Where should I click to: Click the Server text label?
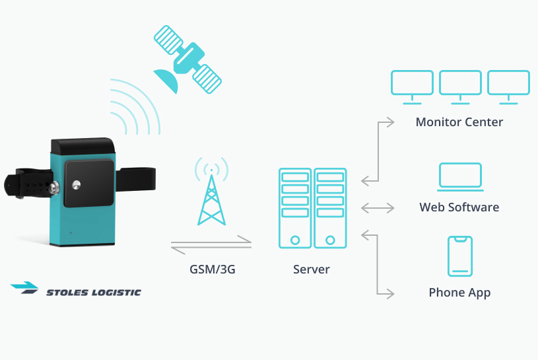click(x=312, y=270)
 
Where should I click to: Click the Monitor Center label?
click(x=459, y=122)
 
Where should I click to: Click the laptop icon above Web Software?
click(x=460, y=176)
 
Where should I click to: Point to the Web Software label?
click(x=459, y=207)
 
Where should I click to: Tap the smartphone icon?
click(x=460, y=256)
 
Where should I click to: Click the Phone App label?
click(x=459, y=293)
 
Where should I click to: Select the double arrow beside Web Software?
click(x=378, y=207)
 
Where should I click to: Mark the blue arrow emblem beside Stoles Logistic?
click(x=25, y=287)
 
